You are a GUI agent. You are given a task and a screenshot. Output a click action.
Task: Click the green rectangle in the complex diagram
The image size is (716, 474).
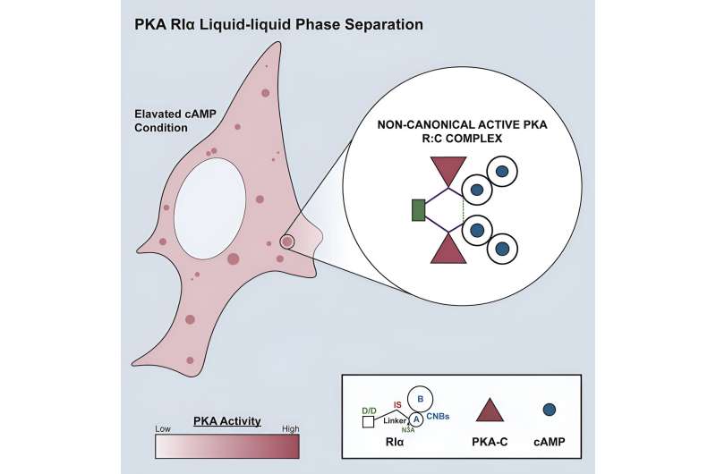(x=417, y=210)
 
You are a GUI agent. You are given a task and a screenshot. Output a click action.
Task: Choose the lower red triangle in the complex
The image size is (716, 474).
(x=449, y=248)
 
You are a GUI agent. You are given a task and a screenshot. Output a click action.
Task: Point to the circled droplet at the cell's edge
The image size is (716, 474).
(x=287, y=241)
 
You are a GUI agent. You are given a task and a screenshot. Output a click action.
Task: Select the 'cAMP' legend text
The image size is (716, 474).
(x=550, y=440)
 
